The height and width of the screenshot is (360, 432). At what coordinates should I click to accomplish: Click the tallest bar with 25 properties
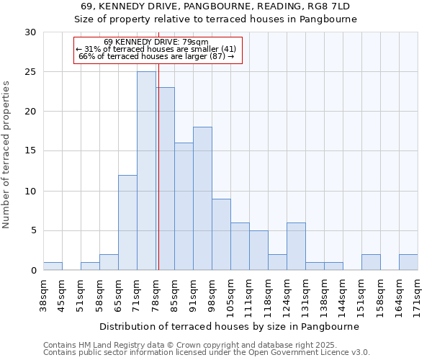click(146, 171)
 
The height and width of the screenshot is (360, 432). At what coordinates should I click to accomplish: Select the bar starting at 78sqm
click(166, 179)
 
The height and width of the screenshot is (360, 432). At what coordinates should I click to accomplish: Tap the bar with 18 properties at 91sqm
click(202, 199)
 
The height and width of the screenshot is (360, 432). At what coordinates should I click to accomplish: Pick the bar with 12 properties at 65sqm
click(127, 222)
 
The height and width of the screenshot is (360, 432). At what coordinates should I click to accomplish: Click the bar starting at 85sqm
click(184, 207)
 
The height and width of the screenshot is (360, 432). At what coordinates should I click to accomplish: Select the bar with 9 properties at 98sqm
click(221, 234)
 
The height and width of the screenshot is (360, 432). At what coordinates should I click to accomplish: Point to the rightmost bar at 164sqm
click(408, 262)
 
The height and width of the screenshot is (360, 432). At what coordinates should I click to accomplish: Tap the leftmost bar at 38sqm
click(53, 266)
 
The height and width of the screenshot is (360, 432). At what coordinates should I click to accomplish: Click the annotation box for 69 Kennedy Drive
click(158, 50)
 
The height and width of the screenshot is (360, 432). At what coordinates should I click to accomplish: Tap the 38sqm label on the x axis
click(44, 291)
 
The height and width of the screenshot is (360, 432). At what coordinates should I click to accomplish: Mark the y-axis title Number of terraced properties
click(6, 155)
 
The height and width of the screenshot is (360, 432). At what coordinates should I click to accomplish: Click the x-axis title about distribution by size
click(229, 326)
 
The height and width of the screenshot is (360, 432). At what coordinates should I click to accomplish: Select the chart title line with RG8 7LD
click(216, 6)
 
